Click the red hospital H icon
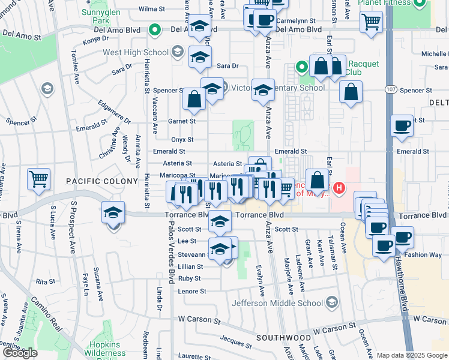click(x=339, y=188)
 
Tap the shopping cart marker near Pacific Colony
click(x=38, y=179)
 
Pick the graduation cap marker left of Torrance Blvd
click(x=112, y=214)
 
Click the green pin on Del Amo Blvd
click(x=155, y=28)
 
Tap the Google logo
click(x=20, y=353)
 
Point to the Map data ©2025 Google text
click(x=412, y=355)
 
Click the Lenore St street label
click(x=192, y=292)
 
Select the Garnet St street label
click(x=182, y=121)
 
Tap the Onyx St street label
click(x=182, y=139)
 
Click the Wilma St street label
click(x=151, y=10)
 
